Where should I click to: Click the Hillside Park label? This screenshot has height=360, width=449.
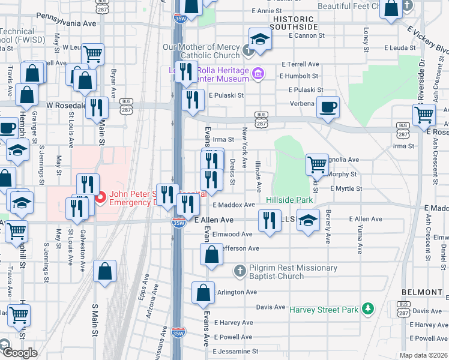(x=290, y=199)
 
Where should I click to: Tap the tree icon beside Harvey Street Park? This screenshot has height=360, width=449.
(x=367, y=310)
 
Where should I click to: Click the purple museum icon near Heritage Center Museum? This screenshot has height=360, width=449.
(x=259, y=74)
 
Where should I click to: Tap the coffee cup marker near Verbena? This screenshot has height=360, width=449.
(x=328, y=107)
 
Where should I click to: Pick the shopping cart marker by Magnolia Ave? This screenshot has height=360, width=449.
(x=316, y=164)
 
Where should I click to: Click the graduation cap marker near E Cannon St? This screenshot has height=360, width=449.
(x=261, y=39)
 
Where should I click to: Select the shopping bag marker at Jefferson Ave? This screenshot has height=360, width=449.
(x=212, y=254)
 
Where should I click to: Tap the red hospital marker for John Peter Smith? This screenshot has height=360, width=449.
(x=101, y=196)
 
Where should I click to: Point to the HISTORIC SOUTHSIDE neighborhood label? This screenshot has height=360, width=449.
(x=294, y=23)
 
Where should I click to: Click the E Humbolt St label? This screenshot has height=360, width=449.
(x=299, y=76)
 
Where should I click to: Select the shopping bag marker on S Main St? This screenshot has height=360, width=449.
(x=105, y=271)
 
